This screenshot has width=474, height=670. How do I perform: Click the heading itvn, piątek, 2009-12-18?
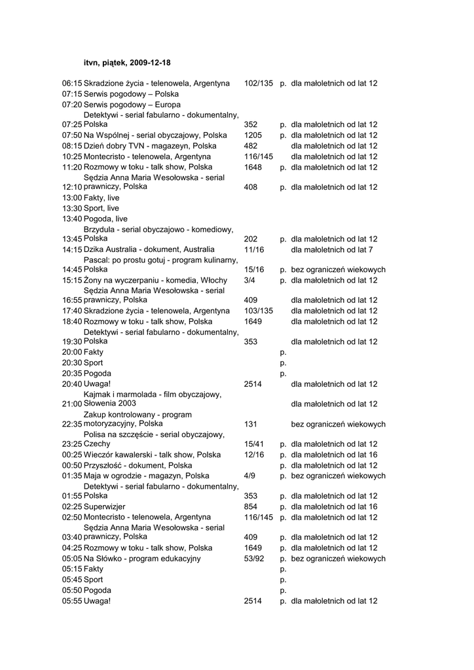click(127, 63)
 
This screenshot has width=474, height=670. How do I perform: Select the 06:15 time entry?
click(72, 84)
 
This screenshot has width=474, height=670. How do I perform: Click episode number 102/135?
click(258, 84)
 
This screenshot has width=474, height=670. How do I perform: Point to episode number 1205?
click(253, 135)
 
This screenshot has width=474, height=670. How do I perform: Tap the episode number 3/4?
click(249, 280)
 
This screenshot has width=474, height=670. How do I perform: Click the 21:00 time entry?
click(72, 404)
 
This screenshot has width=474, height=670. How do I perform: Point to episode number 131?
click(250, 424)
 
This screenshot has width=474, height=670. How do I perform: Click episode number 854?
click(250, 506)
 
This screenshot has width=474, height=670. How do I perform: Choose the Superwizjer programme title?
click(105, 506)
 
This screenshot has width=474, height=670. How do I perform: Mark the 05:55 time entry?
click(72, 601)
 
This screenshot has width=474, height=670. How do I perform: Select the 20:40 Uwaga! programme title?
click(98, 384)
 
